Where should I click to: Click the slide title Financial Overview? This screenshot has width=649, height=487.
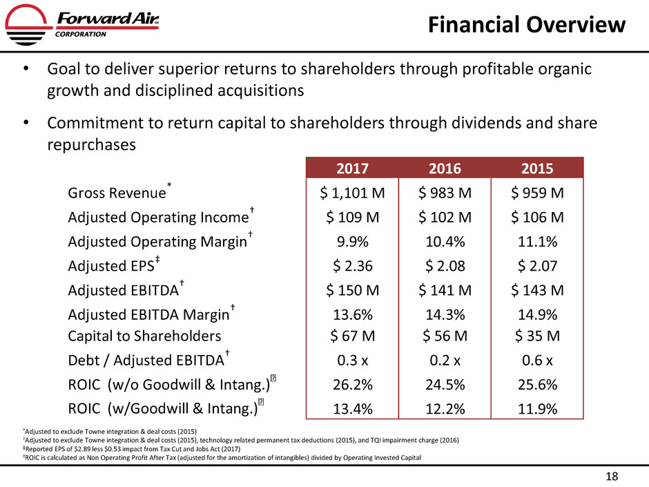coord(527,26)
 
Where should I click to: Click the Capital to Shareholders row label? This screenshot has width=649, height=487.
coord(144,336)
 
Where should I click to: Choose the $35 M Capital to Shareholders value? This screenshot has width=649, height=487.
coord(534,336)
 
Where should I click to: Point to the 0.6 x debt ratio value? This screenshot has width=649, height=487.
coord(534,360)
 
